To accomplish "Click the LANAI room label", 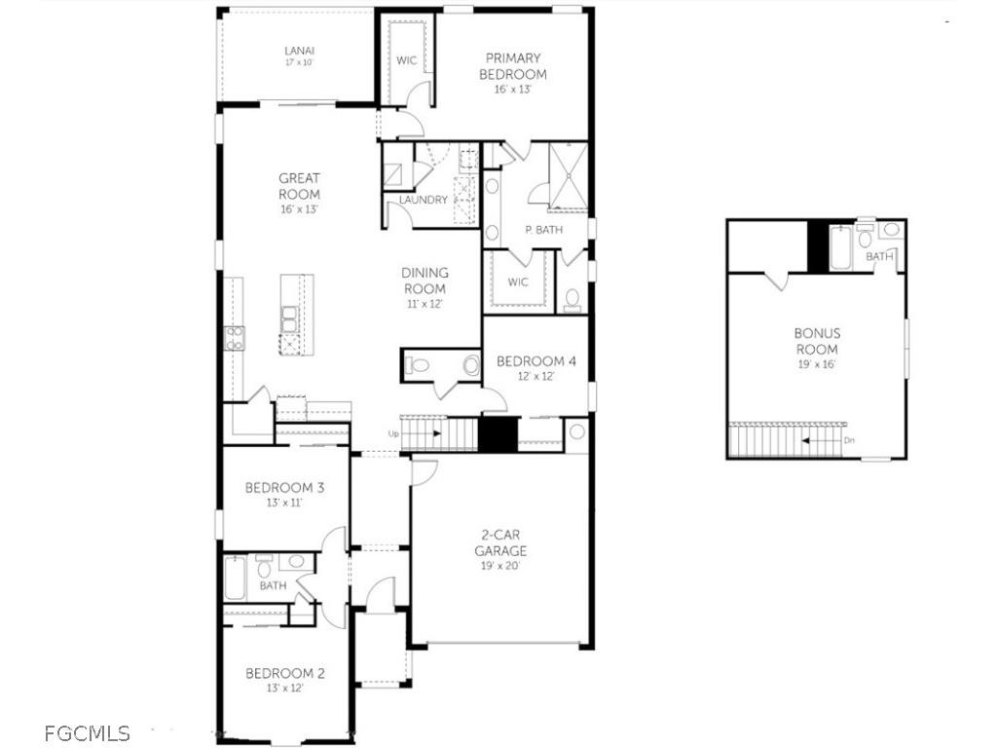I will pyautogui.click(x=299, y=51).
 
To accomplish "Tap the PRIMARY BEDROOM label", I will pyautogui.click(x=513, y=66).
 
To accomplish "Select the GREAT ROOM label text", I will pyautogui.click(x=299, y=185).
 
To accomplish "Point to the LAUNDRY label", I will pyautogui.click(x=424, y=201).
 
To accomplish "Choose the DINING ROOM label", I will pyautogui.click(x=425, y=280).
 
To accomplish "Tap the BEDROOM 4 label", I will pyautogui.click(x=535, y=361).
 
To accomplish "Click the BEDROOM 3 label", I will pyautogui.click(x=284, y=488).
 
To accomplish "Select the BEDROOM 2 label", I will pyautogui.click(x=284, y=673).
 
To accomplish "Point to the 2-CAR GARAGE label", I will pyautogui.click(x=501, y=542).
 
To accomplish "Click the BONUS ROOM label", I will pyautogui.click(x=817, y=341).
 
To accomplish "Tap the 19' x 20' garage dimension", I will pyautogui.click(x=501, y=565).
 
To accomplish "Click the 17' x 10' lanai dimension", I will pyautogui.click(x=299, y=62).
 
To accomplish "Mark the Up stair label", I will pyautogui.click(x=393, y=433).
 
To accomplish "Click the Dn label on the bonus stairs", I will pyautogui.click(x=849, y=440).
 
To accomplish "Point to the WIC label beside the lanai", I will pyautogui.click(x=406, y=60).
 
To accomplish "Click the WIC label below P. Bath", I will pyautogui.click(x=517, y=282).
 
